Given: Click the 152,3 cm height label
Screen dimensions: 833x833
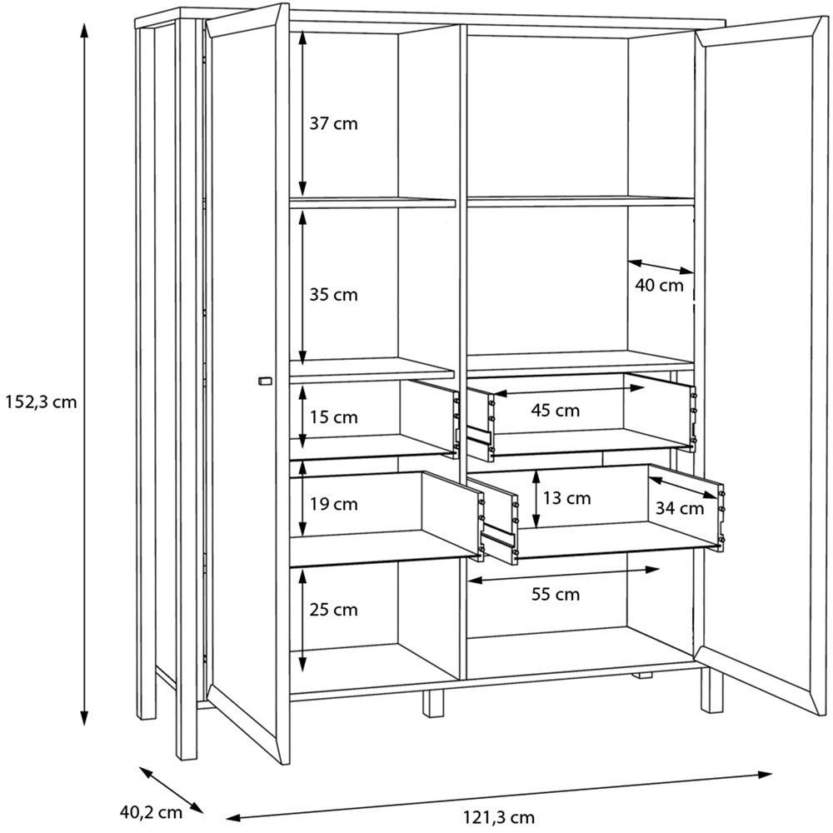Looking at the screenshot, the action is tap(41, 402).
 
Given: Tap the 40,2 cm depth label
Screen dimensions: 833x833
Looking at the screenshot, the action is tap(151, 811).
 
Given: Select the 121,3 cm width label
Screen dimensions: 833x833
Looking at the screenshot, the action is tap(499, 817).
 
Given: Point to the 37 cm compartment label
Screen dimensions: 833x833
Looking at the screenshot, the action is tap(334, 124).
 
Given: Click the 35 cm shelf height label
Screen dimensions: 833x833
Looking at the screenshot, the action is tap(334, 294).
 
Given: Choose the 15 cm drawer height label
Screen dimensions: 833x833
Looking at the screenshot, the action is tap(334, 417).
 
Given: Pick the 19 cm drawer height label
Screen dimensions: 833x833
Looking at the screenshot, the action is tap(334, 504).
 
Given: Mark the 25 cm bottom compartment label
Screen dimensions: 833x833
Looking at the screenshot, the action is tap(334, 610).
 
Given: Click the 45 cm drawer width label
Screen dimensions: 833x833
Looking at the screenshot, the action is tap(556, 410).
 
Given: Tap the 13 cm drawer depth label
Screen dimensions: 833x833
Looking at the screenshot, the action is tap(566, 498).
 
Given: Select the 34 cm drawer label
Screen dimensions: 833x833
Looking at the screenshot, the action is tap(680, 508).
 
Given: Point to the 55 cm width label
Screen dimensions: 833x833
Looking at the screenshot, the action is tap(556, 594).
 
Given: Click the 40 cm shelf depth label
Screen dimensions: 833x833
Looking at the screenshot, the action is tap(659, 285).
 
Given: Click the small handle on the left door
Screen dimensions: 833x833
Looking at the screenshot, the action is tap(264, 381).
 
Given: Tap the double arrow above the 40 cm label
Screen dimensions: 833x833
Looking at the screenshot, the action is tap(661, 267).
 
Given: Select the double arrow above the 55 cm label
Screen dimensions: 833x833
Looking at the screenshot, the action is tap(564, 575).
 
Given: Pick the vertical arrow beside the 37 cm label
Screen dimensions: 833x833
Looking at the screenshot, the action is tap(302, 112).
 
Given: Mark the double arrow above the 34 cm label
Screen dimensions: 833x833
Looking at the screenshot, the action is tap(683, 487).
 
